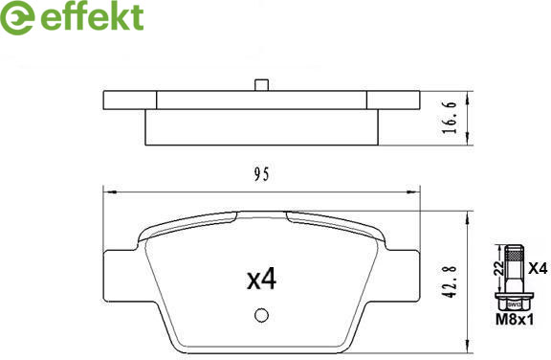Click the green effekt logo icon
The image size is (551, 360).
(x=17, y=17)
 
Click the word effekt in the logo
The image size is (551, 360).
(x=92, y=16)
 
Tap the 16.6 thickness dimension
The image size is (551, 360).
(x=450, y=118)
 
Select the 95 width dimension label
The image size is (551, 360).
(x=262, y=174)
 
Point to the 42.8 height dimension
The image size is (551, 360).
(x=450, y=281)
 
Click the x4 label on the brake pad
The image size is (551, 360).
(x=262, y=280)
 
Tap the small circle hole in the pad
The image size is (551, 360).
(x=261, y=315)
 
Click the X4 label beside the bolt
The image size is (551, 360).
(x=538, y=269)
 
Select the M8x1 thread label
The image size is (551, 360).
(x=515, y=320)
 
